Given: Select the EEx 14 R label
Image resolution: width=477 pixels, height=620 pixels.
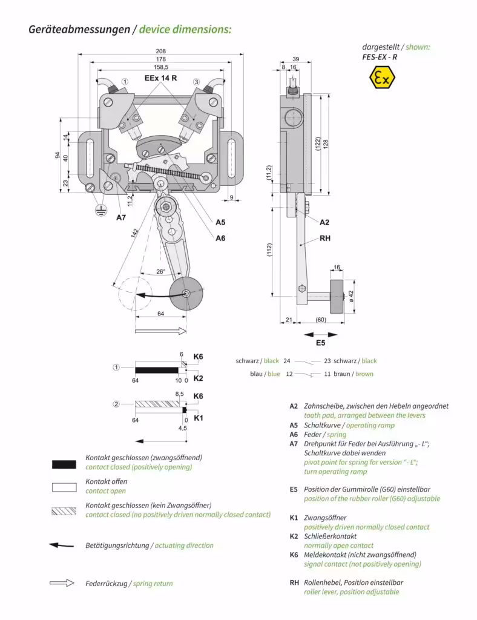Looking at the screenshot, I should tap(160, 79).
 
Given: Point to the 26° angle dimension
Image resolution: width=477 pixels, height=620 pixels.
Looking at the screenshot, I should tap(160, 272).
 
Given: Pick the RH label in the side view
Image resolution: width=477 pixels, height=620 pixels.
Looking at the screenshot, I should tap(325, 239).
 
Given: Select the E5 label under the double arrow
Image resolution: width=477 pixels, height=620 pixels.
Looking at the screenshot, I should tap(321, 343).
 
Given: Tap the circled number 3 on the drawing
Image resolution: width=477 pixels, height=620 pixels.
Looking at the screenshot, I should tap(196, 81).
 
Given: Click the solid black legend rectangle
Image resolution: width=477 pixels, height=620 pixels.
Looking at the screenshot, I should tap(64, 464).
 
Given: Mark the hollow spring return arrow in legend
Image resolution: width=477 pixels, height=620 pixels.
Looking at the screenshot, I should tap(61, 583).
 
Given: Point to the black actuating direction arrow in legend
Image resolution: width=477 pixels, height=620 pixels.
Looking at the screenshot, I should tap(61, 546).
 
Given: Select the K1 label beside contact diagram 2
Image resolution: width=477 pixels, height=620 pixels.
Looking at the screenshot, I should tap(198, 418).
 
